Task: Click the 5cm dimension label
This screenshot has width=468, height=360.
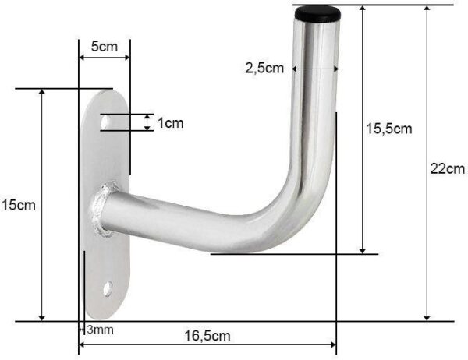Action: pos(105,47)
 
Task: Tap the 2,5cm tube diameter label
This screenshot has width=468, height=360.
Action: pos(264,69)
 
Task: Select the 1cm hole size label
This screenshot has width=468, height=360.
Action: pos(170,123)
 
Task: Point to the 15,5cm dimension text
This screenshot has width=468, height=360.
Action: pos(389,129)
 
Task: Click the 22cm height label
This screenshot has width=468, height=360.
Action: pos(448,169)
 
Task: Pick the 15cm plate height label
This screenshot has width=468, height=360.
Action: pos(19,205)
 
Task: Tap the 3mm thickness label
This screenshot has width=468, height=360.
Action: pos(101,330)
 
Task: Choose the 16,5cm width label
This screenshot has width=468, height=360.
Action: pos(207,336)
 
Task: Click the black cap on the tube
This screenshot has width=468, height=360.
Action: pos(317,14)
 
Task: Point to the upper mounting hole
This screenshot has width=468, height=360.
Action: pos(105,122)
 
